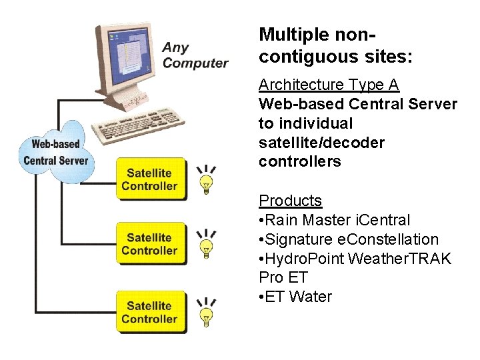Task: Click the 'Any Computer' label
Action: [x=195, y=55]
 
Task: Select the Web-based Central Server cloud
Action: [x=56, y=152]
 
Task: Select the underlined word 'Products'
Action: [x=290, y=201]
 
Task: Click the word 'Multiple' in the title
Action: [x=293, y=35]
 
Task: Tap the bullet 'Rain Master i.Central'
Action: [x=335, y=220]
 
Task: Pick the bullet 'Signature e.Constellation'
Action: [x=349, y=239]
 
